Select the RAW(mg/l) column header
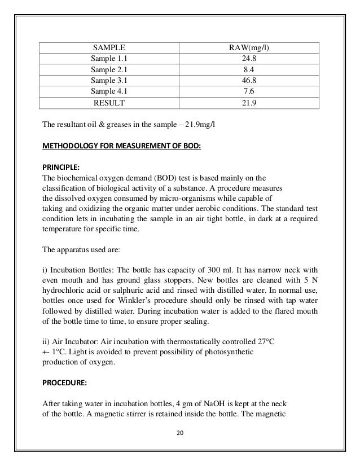[248, 47]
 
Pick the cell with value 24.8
[248, 59]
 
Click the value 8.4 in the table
[248, 69]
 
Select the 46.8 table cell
[248, 81]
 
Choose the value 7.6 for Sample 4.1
[248, 91]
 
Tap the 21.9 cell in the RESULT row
[248, 103]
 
